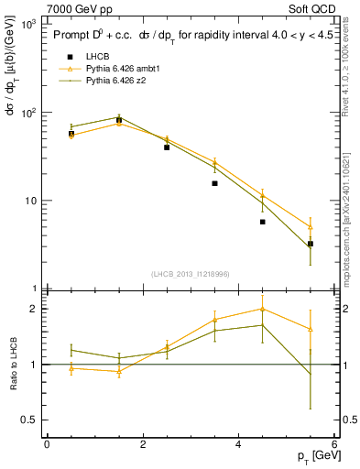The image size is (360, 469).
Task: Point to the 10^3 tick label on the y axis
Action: click(27, 25)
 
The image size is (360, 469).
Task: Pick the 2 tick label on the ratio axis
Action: click(34, 309)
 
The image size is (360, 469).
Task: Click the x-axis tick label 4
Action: click(238, 443)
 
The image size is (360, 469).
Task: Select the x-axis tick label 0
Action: click(47, 443)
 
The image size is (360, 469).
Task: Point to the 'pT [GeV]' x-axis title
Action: click(312, 455)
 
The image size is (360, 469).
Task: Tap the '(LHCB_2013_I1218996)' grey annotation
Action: click(190, 274)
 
